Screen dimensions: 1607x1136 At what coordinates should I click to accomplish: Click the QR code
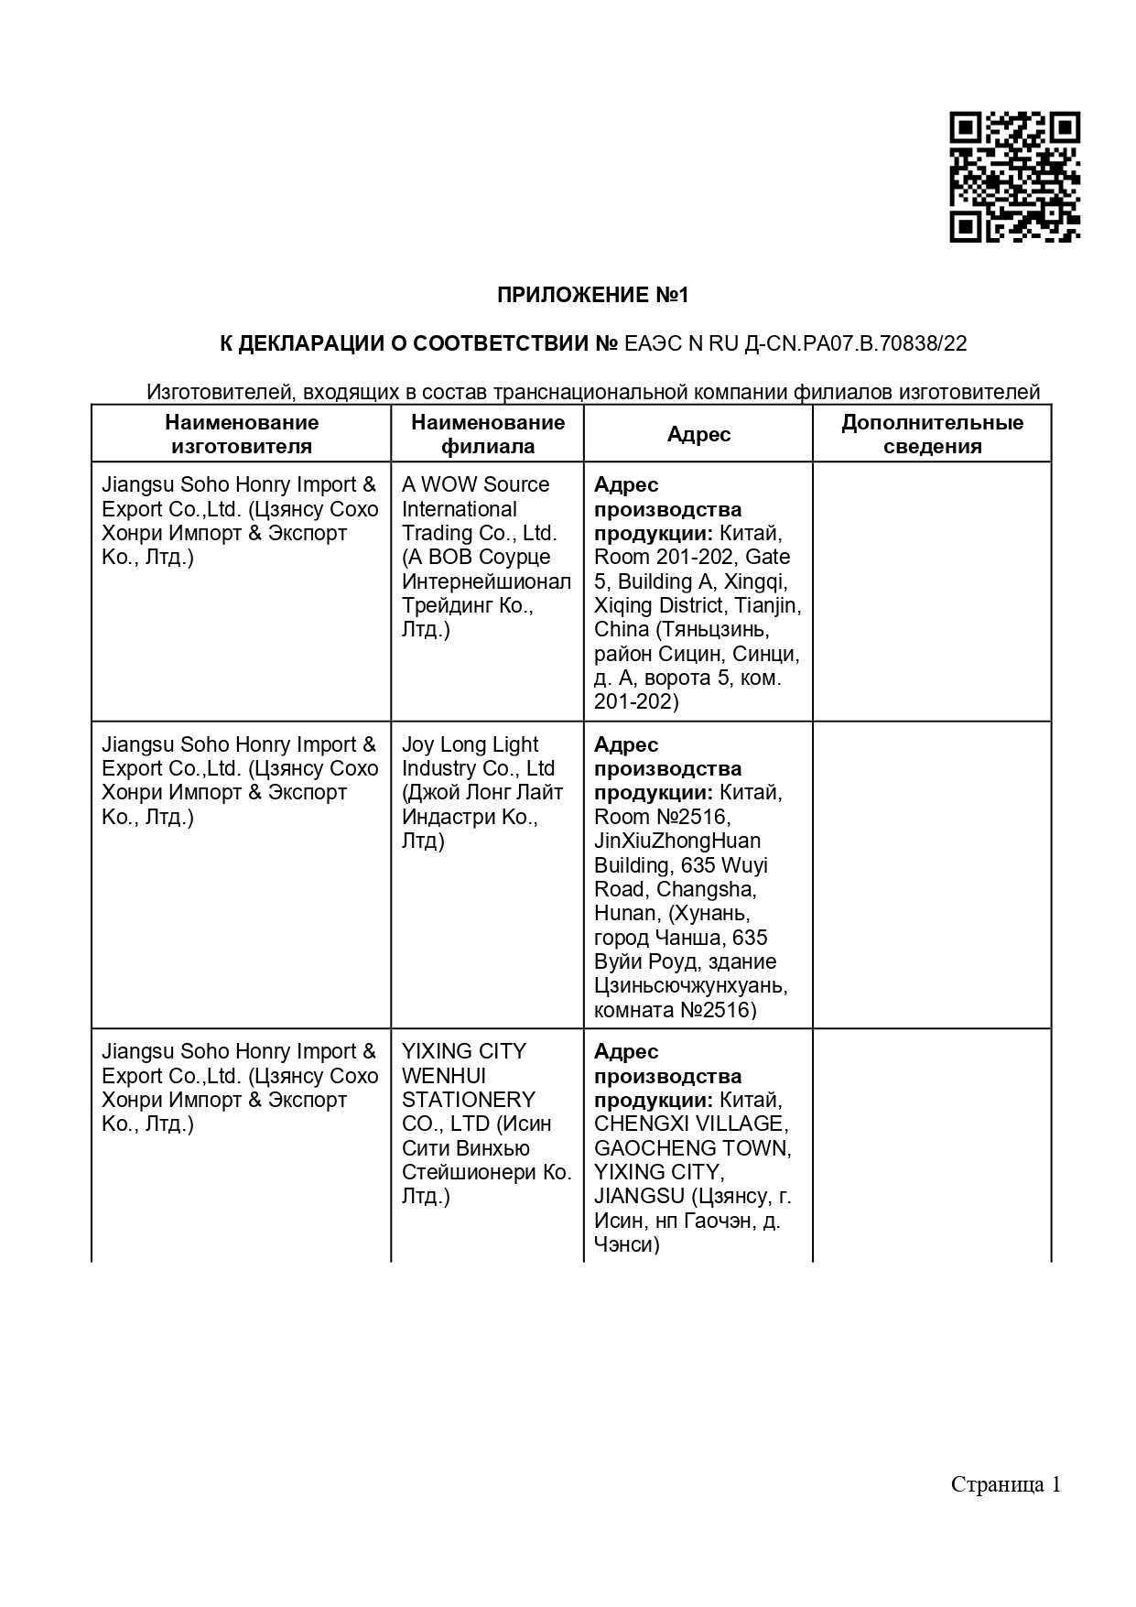1014,178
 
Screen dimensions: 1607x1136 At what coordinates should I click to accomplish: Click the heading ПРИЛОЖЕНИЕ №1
592,295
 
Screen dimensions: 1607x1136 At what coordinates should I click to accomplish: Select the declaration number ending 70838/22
795,343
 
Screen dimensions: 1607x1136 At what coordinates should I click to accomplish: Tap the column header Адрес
698,434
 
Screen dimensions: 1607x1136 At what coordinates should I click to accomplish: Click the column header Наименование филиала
488,434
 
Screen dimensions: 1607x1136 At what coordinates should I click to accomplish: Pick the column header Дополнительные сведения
932,434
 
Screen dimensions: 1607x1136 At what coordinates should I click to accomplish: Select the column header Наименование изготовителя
242,434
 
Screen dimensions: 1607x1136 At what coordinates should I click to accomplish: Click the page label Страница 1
1005,1483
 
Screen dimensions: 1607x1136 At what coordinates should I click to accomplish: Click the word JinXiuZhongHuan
677,841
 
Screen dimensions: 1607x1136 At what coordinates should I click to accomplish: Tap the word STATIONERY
468,1100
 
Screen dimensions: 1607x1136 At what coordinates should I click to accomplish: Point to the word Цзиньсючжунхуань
690,986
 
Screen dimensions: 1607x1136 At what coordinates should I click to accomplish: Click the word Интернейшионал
486,581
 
